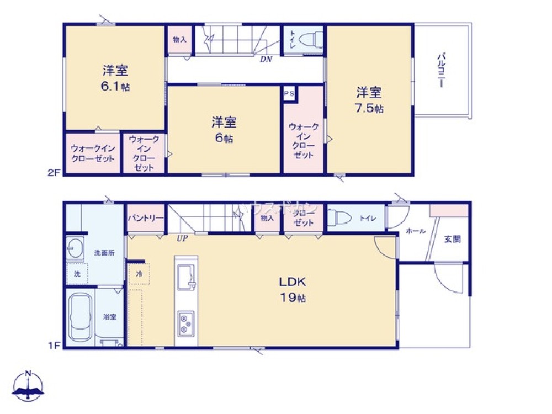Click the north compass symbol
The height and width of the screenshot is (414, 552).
[x=29, y=386]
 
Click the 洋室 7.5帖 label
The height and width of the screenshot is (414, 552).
[x=369, y=99]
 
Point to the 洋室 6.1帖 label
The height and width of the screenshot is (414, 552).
[x=115, y=78]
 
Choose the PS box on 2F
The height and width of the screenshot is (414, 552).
[x=289, y=94]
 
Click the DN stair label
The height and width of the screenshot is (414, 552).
[x=266, y=59]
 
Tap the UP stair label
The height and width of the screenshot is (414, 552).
[x=182, y=239]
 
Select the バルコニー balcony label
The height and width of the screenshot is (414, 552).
[x=442, y=71]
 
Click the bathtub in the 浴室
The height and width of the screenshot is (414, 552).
[x=80, y=319]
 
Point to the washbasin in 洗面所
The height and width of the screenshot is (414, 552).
[x=73, y=248]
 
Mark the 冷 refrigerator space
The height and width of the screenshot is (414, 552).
[x=139, y=273]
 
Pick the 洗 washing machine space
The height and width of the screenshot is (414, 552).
[x=77, y=273]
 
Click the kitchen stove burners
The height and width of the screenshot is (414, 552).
[x=185, y=323]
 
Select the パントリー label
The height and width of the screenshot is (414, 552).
[x=146, y=218]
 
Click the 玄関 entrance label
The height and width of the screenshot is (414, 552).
[x=453, y=239]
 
